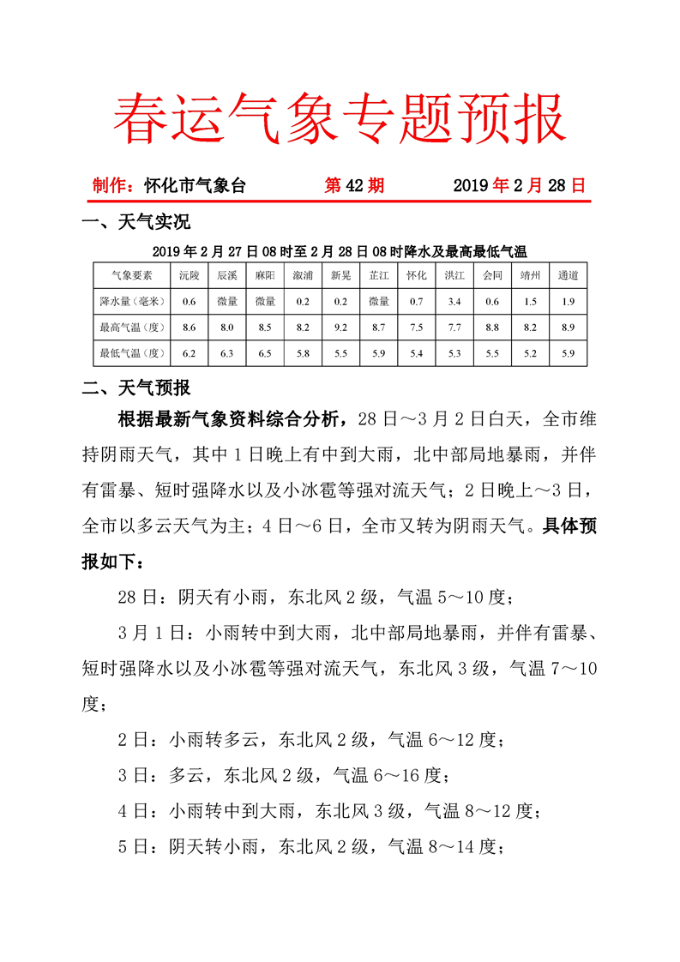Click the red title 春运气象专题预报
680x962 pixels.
340,118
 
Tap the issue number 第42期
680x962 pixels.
354,185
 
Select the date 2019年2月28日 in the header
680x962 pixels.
520,185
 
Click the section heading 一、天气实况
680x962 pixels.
135,224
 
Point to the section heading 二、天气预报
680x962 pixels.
135,388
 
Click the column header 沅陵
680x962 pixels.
190,276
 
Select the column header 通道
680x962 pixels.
568,276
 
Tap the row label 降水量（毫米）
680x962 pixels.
132,301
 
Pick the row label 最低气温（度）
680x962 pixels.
132,352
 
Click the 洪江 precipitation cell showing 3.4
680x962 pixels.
454,301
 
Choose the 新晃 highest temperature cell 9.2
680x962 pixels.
340,327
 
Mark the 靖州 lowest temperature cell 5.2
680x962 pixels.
530,352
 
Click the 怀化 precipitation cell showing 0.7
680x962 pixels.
417,301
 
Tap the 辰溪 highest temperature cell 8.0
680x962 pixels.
227,327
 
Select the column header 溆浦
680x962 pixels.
303,276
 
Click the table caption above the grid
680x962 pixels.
340,251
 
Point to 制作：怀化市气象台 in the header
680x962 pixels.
169,185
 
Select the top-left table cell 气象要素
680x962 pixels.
132,276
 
